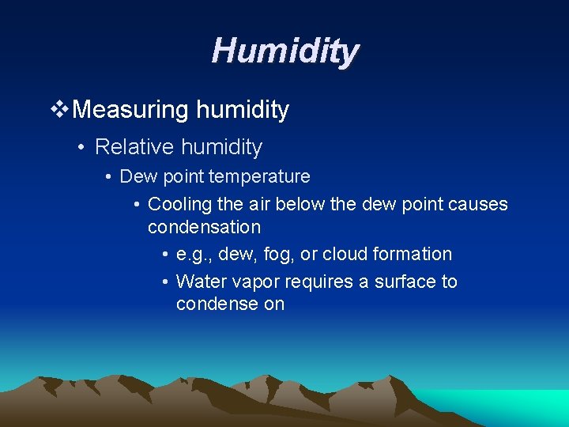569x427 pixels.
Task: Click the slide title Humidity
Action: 284,51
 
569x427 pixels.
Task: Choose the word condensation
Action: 204,227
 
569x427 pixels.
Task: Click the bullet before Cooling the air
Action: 137,205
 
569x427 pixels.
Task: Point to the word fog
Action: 281,255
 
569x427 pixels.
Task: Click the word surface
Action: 402,282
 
